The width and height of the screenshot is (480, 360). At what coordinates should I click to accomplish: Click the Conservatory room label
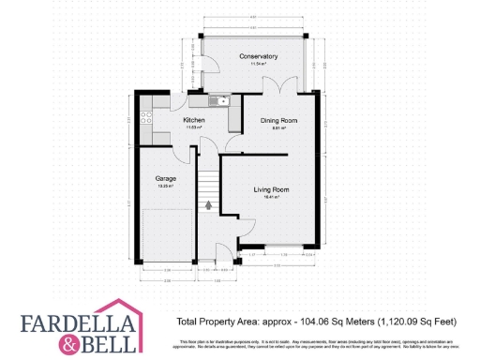pyautogui.click(x=258, y=57)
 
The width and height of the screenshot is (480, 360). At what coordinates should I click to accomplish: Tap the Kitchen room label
pyautogui.click(x=194, y=121)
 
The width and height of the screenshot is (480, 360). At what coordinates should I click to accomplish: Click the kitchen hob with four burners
pyautogui.click(x=146, y=118)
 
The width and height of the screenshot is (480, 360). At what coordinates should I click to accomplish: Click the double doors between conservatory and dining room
pyautogui.click(x=274, y=85)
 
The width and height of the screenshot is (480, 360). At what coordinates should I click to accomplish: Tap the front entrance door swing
pyautogui.click(x=224, y=251)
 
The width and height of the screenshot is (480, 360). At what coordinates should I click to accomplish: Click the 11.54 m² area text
pyautogui.click(x=258, y=65)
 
